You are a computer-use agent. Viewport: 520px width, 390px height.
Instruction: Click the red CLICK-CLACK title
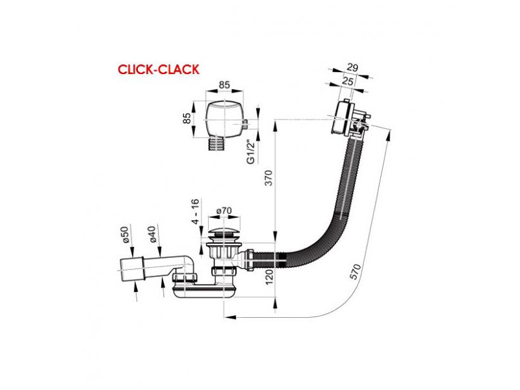tap(159, 70)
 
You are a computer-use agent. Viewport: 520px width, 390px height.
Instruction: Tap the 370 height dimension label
tap(268, 177)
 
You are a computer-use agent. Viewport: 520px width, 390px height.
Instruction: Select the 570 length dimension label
tap(355, 272)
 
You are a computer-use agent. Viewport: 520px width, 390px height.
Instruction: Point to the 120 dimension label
tap(269, 277)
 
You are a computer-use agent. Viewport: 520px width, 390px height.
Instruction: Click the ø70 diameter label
tap(224, 211)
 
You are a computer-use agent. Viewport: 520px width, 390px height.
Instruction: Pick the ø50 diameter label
tap(125, 235)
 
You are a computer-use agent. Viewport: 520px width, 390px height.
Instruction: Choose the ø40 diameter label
tap(151, 234)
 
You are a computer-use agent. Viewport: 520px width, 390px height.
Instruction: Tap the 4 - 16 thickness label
tap(196, 211)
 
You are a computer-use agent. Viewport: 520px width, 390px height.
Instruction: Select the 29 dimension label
tap(352, 68)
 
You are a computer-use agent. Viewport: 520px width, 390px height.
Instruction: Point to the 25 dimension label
tap(347, 81)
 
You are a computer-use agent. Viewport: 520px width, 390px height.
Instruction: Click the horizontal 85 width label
tap(224, 84)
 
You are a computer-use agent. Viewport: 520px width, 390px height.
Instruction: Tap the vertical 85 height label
tap(187, 118)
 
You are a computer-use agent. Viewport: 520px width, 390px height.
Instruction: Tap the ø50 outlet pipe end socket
tap(132, 269)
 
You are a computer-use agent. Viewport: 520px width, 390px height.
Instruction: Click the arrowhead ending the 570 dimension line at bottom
tap(230, 317)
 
